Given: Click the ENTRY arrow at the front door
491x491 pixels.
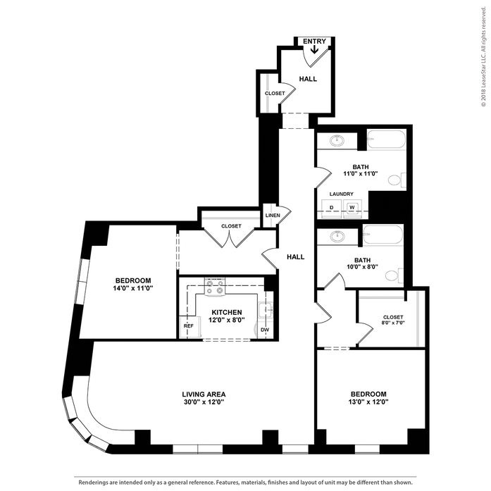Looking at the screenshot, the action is point(314,49).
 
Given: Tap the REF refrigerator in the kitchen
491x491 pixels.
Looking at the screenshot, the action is point(189,327).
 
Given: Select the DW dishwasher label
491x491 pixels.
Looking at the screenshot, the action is point(265,330).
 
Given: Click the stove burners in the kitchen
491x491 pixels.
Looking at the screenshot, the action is point(214,287).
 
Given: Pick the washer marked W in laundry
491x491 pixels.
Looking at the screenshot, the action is point(352,207).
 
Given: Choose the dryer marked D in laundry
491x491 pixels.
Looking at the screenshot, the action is point(332,207).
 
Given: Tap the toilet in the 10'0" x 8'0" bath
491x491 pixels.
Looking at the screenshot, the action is point(394,275).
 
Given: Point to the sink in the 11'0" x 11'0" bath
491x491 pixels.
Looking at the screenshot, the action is point(337,140).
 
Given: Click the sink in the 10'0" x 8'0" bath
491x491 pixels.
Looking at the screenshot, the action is point(337,236).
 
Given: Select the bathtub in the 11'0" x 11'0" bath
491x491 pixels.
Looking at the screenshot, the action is point(386,139).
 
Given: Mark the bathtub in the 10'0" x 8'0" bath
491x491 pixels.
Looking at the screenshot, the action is point(383,234).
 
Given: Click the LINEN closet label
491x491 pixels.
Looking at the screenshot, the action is point(273,216).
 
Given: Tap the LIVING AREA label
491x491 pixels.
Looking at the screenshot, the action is point(204,394).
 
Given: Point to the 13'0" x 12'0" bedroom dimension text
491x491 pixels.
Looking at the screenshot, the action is point(368,402).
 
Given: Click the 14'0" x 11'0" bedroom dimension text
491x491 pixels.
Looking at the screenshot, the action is point(132,288).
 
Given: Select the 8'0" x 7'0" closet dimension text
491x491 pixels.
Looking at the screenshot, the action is point(393,323).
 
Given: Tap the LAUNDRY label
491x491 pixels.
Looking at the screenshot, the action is point(342,194).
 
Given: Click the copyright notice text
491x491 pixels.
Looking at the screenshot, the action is point(484,57).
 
